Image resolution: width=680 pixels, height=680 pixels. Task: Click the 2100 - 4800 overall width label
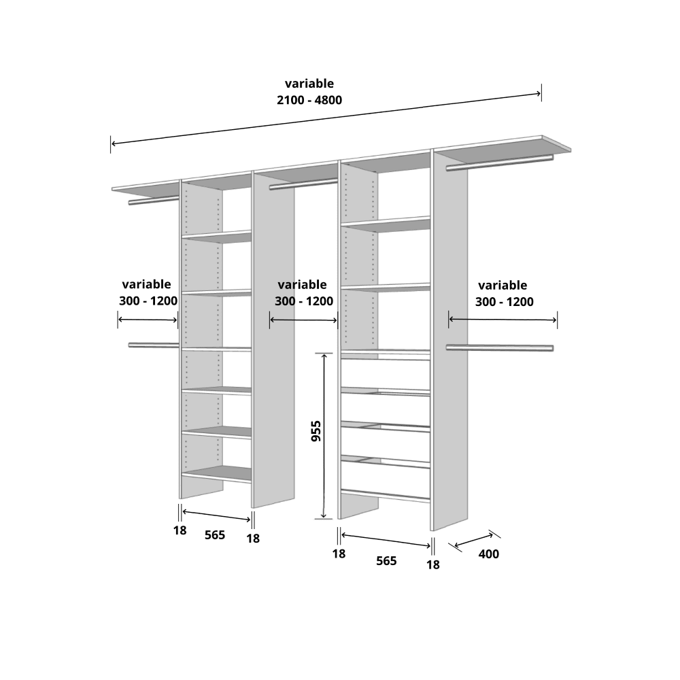309,100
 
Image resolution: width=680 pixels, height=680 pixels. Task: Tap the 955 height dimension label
317,431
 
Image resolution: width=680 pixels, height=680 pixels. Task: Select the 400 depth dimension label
489,554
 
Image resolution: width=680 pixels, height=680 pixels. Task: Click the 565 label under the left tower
215,535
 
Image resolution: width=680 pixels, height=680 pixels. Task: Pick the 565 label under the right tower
386,561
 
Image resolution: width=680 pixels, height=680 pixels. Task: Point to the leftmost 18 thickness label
180,530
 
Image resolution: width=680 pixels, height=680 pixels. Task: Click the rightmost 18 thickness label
432,564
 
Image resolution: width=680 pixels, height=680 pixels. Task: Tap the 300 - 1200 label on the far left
148,301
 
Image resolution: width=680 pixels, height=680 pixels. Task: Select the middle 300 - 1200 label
303,301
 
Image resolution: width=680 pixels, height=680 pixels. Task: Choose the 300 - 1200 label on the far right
504,302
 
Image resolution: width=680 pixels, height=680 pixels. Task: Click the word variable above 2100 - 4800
309,83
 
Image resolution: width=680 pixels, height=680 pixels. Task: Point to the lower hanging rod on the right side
500,347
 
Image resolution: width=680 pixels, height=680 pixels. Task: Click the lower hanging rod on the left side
154,345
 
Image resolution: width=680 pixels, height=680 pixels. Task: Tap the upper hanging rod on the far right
500,163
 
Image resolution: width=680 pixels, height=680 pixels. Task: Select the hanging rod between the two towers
303,184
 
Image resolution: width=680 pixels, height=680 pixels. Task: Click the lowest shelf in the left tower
216,473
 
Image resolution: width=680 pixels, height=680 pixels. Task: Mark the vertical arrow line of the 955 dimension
324,436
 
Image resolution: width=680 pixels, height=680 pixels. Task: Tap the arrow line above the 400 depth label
474,540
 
